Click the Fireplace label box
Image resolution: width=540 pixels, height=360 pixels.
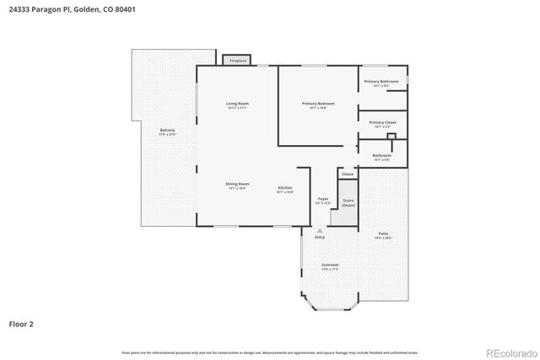pos(237,61)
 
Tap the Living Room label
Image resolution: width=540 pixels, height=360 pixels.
pos(237,105)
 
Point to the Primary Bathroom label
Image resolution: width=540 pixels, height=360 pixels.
pos(382,83)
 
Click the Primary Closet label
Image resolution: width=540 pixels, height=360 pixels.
pos(382,124)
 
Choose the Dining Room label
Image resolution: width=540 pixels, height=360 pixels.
pos(237,185)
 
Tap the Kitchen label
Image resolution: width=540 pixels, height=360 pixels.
pos(285,189)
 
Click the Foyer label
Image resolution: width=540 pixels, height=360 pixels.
pos(323,200)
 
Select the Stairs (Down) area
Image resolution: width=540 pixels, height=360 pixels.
pos(348,203)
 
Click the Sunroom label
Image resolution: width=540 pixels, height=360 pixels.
pos(329,266)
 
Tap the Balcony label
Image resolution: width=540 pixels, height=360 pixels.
pos(167,132)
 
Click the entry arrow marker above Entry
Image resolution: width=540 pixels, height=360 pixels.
pos(320,229)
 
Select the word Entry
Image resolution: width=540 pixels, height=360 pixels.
pos(320,237)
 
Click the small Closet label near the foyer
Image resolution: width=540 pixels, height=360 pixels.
pos(348,175)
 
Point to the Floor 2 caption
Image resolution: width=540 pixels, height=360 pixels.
pos(21,323)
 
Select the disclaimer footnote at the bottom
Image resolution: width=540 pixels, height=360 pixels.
pos(269,352)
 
